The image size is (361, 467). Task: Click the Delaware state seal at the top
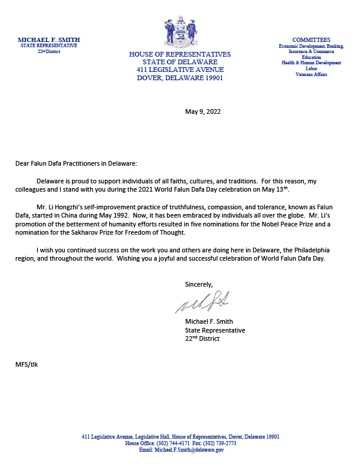(180, 32)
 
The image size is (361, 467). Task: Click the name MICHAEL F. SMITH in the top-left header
(48, 40)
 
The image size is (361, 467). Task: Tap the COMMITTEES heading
(311, 40)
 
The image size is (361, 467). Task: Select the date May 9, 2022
(202, 111)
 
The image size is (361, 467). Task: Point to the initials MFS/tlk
(27, 364)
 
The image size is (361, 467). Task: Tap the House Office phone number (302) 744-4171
(172, 443)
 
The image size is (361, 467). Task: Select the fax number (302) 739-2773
(221, 443)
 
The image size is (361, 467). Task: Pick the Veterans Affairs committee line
(311, 74)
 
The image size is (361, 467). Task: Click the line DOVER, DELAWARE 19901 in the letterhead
(180, 78)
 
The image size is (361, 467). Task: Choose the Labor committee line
(311, 68)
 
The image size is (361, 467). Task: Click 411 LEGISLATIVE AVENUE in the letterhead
(180, 70)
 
